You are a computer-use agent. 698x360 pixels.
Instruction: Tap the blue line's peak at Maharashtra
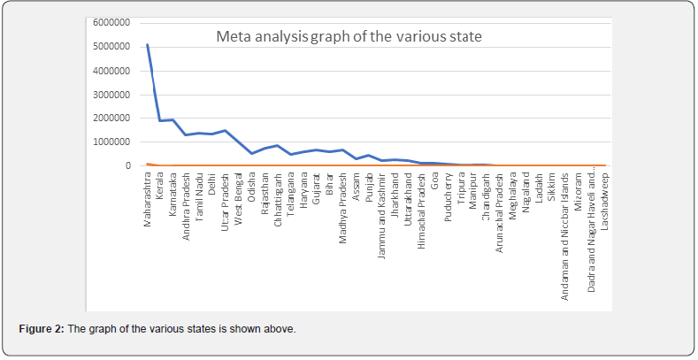(147, 44)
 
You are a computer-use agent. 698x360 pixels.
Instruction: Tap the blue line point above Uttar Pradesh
(226, 131)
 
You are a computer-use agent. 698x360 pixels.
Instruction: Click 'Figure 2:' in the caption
(42, 329)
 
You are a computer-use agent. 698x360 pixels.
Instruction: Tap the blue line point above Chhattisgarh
(278, 146)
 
